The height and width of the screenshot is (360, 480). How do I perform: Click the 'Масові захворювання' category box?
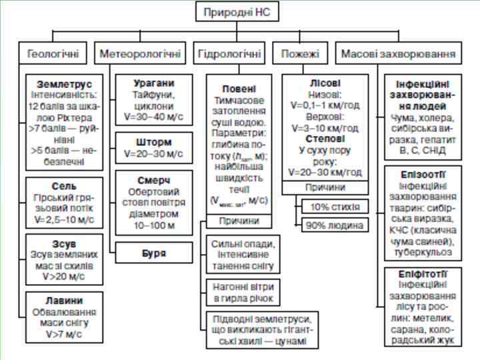pyautogui.click(x=398, y=53)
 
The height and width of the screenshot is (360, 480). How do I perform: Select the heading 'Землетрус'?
pyautogui.click(x=65, y=85)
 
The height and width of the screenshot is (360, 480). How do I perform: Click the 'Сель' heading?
pyautogui.click(x=65, y=186)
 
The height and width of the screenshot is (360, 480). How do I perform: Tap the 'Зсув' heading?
pyautogui.click(x=65, y=243)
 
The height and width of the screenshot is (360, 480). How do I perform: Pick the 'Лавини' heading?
pyautogui.click(x=65, y=301)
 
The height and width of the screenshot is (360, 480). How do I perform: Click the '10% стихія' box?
pyautogui.click(x=335, y=207)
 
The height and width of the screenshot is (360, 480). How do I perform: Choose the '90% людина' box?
pyautogui.click(x=335, y=225)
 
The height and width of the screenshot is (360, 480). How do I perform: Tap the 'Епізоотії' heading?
pyautogui.click(x=420, y=175)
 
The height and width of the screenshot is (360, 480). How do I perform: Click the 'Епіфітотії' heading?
pyautogui.click(x=420, y=274)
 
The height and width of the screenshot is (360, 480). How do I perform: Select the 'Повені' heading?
pyautogui.click(x=238, y=89)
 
